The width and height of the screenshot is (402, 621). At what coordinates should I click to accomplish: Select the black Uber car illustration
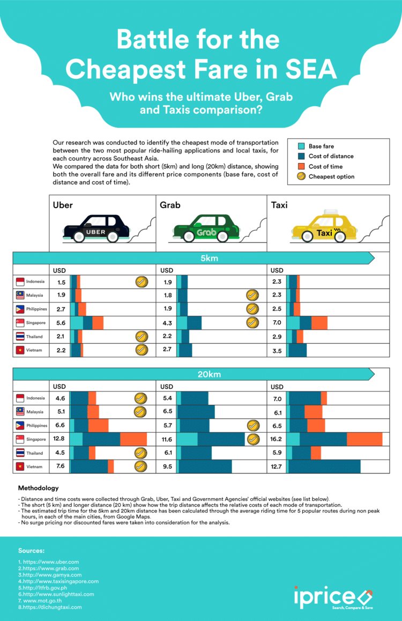pos(96,230)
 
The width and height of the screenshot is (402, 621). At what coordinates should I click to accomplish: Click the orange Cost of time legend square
pos(302,166)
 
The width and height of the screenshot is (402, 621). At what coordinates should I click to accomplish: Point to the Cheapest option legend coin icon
pos(302,176)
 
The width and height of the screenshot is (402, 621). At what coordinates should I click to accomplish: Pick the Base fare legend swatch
pos(302,146)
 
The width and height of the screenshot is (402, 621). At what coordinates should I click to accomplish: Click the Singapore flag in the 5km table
pos(21,323)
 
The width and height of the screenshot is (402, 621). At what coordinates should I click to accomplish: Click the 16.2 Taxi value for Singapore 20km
pos(277,439)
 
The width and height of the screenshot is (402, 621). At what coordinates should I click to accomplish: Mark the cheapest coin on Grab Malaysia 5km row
pos(252,295)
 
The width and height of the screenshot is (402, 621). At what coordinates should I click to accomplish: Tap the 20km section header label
pos(209,374)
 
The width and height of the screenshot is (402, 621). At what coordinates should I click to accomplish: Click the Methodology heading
pos(38,489)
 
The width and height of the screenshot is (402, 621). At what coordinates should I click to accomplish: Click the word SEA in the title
pos(311,70)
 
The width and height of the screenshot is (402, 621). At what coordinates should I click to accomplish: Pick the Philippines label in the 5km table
pos(36,309)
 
